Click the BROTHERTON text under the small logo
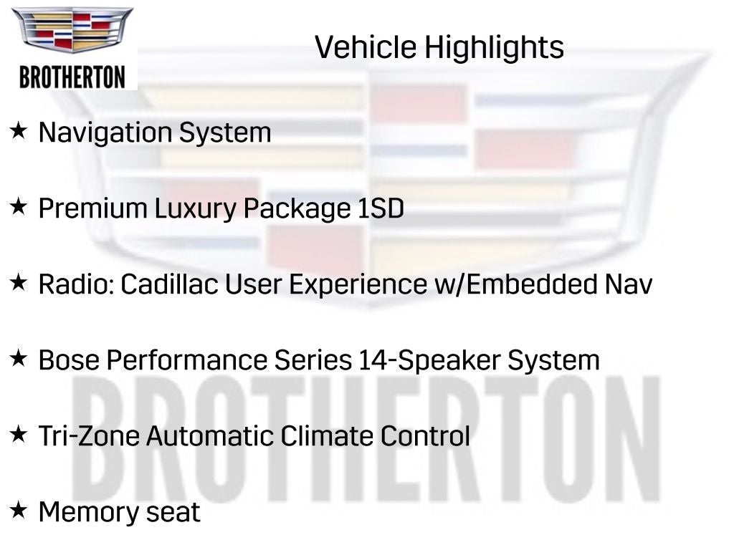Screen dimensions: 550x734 pyautogui.click(x=72, y=77)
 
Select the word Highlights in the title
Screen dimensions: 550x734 pyautogui.click(x=494, y=48)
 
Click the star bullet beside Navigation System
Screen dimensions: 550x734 pyautogui.click(x=19, y=131)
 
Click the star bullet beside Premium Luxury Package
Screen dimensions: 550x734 pyautogui.click(x=19, y=207)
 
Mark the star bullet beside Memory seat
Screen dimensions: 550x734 pyautogui.click(x=19, y=511)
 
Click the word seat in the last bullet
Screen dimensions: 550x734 pyautogui.click(x=176, y=513)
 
